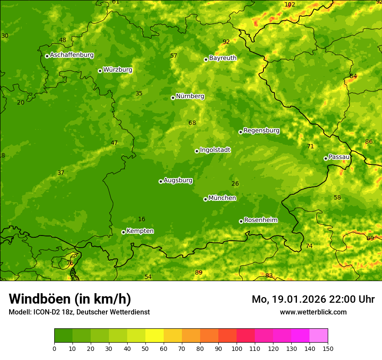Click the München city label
[x=222, y=198]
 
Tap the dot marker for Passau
[x=326, y=158]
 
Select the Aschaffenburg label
[x=72, y=55]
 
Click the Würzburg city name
[x=118, y=70]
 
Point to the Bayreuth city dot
[x=206, y=59]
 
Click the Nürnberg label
[x=190, y=96]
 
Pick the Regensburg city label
[x=261, y=131]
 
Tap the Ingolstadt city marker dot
[x=197, y=151]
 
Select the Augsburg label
[x=178, y=180]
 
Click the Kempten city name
[x=140, y=231]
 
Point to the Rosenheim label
[x=260, y=220]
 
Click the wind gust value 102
[x=290, y=4]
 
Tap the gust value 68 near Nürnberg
[x=192, y=123]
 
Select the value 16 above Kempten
[x=142, y=219]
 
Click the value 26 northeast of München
[x=235, y=184]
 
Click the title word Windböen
[x=40, y=299]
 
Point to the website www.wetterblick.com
[x=313, y=312]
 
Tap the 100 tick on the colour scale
[x=237, y=348]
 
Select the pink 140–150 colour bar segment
[x=319, y=336]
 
